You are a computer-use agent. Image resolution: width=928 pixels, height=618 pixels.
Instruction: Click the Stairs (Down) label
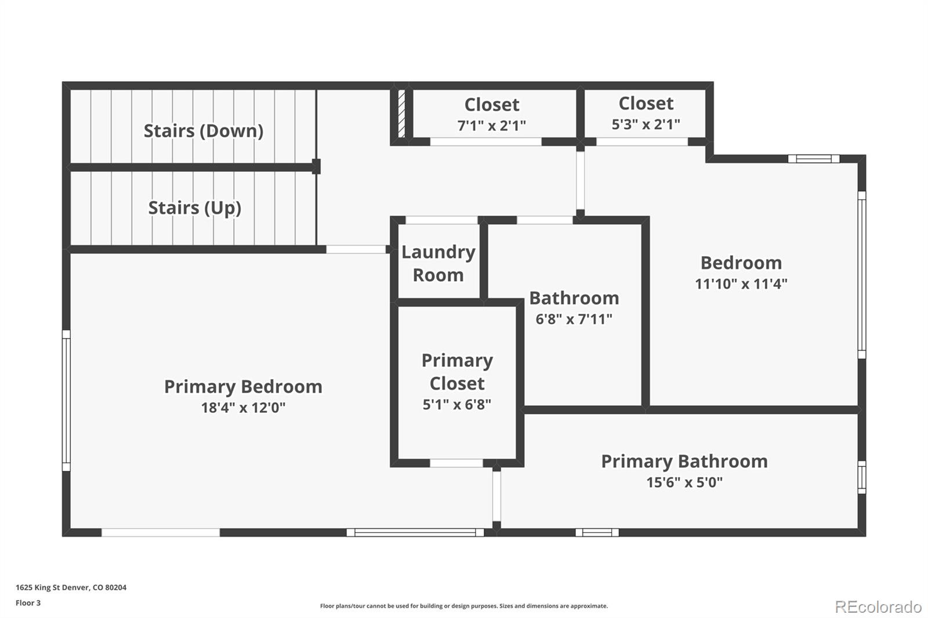[x=203, y=131]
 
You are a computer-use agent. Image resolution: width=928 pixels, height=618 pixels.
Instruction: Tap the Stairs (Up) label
[x=194, y=208]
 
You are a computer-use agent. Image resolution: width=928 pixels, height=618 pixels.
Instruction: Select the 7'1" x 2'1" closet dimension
[x=491, y=125]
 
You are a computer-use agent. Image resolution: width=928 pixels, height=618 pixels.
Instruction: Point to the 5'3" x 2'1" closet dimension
[x=646, y=124]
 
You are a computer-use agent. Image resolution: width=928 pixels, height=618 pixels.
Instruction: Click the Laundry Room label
[x=438, y=263]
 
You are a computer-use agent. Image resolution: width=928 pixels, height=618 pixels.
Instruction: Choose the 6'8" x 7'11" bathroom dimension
[x=574, y=319]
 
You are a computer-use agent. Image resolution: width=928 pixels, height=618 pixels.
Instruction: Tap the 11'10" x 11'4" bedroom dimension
[x=741, y=283]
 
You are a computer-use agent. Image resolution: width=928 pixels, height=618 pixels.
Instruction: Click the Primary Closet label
[x=457, y=372]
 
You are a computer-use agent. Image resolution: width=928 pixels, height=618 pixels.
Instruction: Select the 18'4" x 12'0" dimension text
[x=243, y=408]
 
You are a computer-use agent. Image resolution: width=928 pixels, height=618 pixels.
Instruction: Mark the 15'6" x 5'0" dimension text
[x=684, y=482]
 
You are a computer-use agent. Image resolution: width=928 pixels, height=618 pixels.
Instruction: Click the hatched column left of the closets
[x=401, y=113]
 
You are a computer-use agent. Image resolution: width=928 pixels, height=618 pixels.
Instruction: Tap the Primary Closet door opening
[x=456, y=463]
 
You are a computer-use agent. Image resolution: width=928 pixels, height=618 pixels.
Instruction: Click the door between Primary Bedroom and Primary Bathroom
[x=496, y=496]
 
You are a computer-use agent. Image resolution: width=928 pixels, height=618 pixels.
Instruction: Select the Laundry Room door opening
[x=441, y=220]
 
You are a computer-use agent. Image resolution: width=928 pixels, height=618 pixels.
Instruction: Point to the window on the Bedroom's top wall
[x=813, y=159]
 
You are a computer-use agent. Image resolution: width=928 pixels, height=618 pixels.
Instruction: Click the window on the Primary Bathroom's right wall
[x=861, y=477]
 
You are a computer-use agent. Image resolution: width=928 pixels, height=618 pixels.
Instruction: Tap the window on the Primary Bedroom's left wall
[x=66, y=401]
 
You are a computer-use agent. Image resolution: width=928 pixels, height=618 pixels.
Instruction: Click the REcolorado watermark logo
[x=878, y=606]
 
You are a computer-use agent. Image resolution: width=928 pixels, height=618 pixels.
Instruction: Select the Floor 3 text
[x=28, y=603]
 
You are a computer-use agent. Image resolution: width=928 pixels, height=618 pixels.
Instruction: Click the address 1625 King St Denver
[x=71, y=587]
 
